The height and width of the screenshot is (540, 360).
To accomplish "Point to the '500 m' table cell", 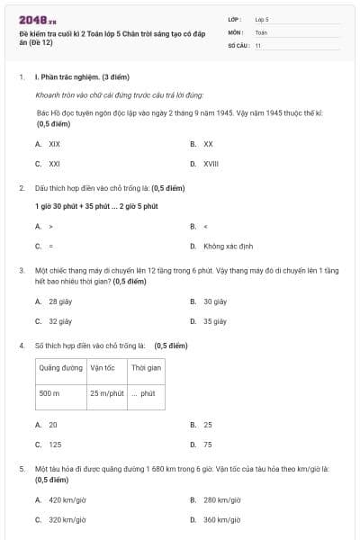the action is [x=49, y=393].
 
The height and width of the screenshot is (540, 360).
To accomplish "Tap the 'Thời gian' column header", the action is [x=146, y=367].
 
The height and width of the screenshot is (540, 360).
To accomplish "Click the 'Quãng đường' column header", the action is [x=58, y=367].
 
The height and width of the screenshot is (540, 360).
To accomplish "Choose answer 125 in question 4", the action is [x=55, y=445].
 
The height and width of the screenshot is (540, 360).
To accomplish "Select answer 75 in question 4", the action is [x=208, y=445].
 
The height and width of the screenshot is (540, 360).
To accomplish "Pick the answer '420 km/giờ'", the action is [x=67, y=499].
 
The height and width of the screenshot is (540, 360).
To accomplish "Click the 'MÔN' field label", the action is [x=235, y=31].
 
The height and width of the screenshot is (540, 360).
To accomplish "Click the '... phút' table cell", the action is [x=143, y=393].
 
